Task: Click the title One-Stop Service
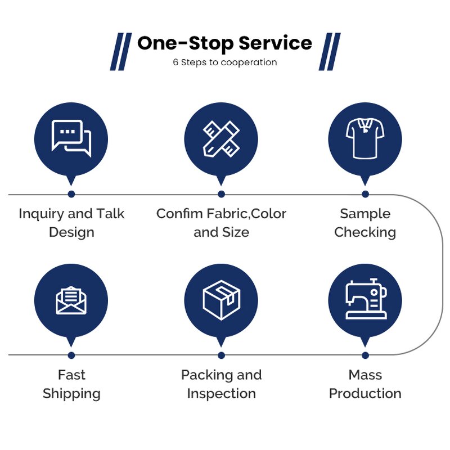pyautogui.click(x=224, y=43)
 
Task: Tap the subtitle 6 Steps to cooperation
pyautogui.click(x=224, y=62)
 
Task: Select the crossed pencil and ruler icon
pyautogui.click(x=221, y=138)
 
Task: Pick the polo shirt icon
pyautogui.click(x=365, y=138)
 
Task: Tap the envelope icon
pyautogui.click(x=71, y=300)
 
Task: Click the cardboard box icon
pyautogui.click(x=221, y=299)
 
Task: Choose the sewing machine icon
pyautogui.click(x=365, y=299)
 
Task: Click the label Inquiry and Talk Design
pyautogui.click(x=71, y=223)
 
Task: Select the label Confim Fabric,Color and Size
pyautogui.click(x=221, y=223)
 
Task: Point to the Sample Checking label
pyautogui.click(x=365, y=223)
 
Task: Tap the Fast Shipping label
pyautogui.click(x=71, y=384)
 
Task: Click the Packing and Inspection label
pyautogui.click(x=221, y=384)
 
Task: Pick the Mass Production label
pyautogui.click(x=365, y=384)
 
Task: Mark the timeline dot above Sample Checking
pyautogui.click(x=365, y=194)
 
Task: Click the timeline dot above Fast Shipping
pyautogui.click(x=71, y=355)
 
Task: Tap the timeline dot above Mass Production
pyautogui.click(x=365, y=355)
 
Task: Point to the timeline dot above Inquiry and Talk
pyautogui.click(x=71, y=194)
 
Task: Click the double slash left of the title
pyautogui.click(x=120, y=52)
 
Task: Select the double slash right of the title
pyautogui.click(x=330, y=52)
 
